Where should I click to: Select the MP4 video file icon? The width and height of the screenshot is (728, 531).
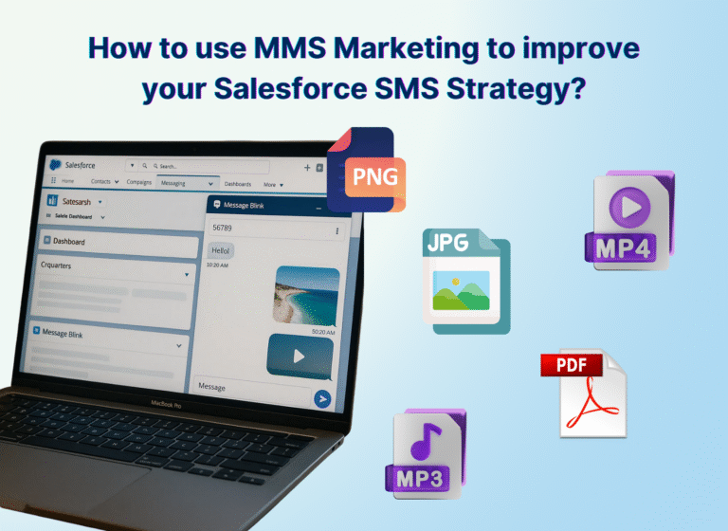point(628,221)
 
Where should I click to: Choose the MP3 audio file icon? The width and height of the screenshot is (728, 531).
point(425,454)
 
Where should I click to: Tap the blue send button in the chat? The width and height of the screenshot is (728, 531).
point(322,399)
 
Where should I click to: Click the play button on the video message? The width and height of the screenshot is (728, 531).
point(300,357)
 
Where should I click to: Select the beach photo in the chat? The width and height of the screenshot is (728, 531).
point(306,294)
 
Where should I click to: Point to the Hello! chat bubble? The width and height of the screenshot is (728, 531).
point(221,250)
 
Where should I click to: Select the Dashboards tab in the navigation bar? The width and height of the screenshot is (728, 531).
point(238,184)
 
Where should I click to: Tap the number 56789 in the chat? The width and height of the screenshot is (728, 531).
point(223,229)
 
